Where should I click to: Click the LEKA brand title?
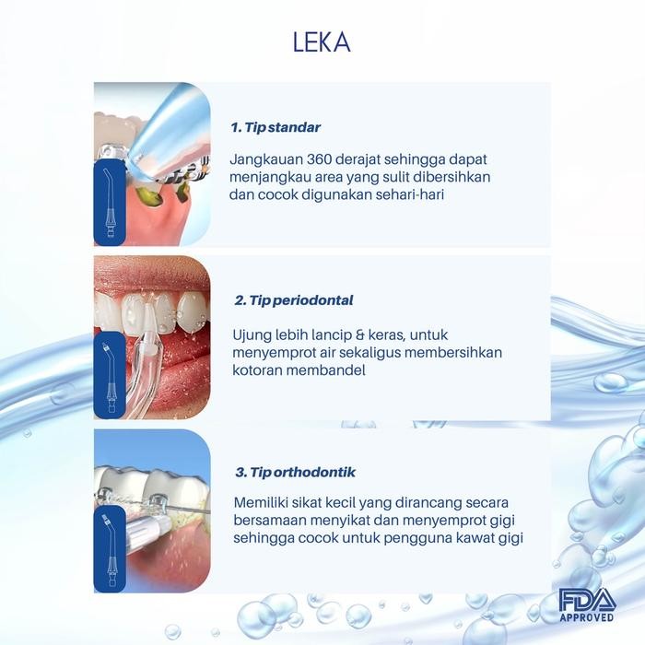click(x=322, y=44)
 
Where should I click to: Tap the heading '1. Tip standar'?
click(x=276, y=127)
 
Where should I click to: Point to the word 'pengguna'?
click(x=411, y=539)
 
